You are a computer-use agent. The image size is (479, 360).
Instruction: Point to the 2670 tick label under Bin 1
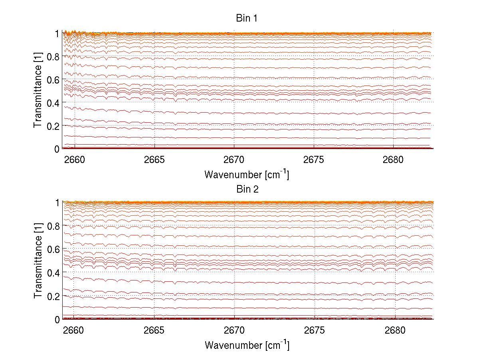pos(234,160)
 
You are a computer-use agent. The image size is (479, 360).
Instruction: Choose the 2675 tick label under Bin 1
pos(314,160)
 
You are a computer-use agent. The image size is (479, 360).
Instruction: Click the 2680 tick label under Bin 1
pos(394,160)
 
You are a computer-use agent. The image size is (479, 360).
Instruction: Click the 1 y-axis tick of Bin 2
pos(58,203)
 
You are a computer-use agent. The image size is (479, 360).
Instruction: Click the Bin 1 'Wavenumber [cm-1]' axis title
pos(247,174)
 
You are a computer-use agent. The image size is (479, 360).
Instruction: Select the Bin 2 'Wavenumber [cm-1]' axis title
pos(247,345)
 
